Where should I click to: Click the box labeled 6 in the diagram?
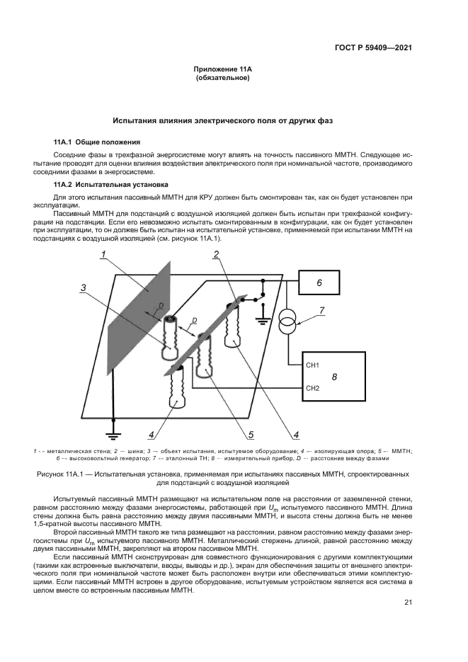[319, 283]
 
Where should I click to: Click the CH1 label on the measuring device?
[313, 365]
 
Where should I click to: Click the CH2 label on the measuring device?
[313, 388]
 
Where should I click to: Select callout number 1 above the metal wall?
[103, 254]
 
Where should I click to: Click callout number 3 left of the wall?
[83, 287]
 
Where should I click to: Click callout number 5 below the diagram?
[251, 433]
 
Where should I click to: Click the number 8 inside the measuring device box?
[334, 377]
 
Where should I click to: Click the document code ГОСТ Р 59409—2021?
[373, 48]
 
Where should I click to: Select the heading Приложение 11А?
[222, 69]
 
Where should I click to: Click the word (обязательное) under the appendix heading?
[222, 78]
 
